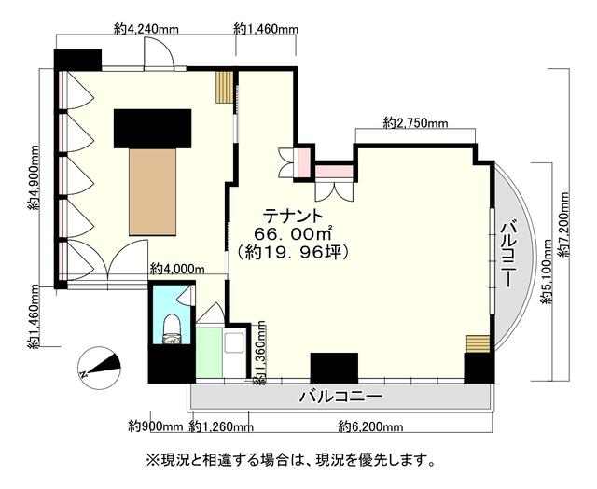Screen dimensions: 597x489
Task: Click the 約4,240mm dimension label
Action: pos(146,29)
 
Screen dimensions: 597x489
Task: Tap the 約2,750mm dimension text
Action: pos(415,123)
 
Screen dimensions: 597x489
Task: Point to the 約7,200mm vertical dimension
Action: pos(564,224)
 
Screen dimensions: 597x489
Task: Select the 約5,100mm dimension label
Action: pos(548,272)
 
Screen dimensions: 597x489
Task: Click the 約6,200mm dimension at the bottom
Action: pos(371,426)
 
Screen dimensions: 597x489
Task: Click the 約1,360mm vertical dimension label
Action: pos(260,352)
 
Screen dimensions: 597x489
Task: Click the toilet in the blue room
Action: pos(171,328)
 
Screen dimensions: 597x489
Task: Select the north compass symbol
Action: pos(99,367)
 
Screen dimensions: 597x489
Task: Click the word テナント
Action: pos(294,216)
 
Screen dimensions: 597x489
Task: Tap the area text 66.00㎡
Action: pos(293,233)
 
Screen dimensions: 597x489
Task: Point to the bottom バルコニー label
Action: pos(340,397)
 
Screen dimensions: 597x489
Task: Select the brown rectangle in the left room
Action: pos(152,191)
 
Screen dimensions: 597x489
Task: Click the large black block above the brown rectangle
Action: pos(152,129)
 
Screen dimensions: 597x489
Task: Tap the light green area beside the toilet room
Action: pos(209,353)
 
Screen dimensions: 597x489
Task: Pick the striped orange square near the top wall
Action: pos(224,87)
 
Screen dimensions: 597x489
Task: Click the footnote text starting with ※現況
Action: pos(290,460)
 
